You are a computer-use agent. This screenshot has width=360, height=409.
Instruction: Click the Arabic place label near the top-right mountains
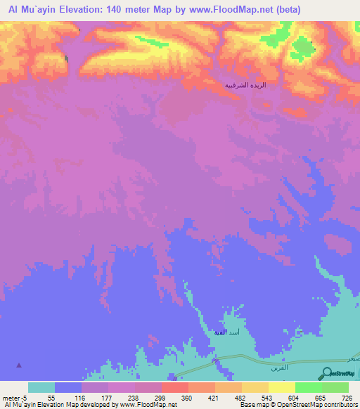pos(245,84)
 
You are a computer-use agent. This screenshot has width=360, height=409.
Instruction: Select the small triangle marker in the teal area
pos(19,365)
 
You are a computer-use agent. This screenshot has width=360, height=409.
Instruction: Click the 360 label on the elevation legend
pos(188,398)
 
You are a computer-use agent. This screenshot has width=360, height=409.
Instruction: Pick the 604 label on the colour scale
pos(294,398)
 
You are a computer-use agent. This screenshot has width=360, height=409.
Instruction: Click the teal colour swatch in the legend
pos(41,387)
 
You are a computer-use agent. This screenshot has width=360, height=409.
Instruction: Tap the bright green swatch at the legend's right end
pos(335,387)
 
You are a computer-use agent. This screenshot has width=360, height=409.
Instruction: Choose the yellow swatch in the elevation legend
pos(281,387)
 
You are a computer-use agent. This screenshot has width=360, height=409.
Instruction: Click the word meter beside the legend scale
pos(12,398)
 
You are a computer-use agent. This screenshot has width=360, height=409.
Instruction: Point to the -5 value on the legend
pos(25,398)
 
